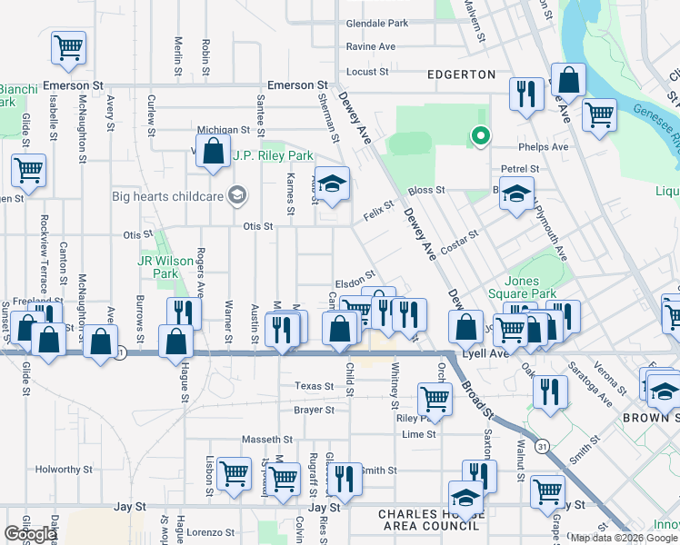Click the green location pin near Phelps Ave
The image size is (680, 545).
click(481, 137)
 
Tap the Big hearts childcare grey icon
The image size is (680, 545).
click(237, 195)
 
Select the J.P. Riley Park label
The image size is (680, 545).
click(274, 156)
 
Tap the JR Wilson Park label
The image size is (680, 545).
click(165, 267)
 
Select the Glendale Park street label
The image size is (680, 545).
click(377, 24)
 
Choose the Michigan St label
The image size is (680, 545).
click(223, 131)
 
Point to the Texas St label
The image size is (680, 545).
click(315, 386)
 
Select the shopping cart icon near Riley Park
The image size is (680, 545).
click(435, 397)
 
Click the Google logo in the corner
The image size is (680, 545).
click(30, 534)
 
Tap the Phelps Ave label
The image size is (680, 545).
click(543, 146)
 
